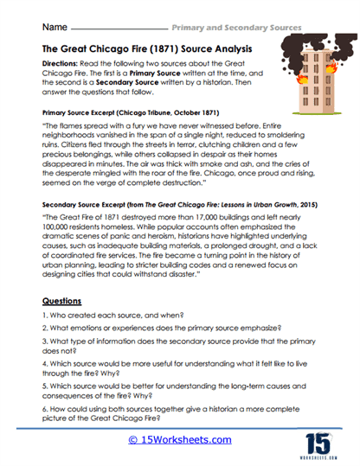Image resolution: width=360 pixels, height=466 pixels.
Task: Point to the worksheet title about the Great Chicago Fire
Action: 143,49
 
